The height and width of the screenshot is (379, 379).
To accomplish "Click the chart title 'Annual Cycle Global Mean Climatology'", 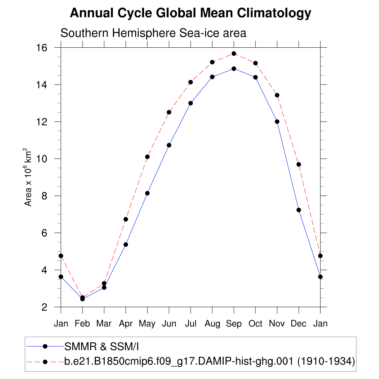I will [190, 13].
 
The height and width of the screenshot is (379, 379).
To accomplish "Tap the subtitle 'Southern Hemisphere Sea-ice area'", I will [153, 33].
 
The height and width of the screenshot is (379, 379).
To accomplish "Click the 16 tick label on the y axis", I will [41, 48].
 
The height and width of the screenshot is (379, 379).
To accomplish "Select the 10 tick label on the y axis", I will [41, 159].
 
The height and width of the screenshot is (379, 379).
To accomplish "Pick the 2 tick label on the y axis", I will [44, 307].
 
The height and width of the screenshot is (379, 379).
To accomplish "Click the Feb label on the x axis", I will [82, 324].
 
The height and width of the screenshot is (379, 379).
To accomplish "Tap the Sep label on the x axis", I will [234, 324].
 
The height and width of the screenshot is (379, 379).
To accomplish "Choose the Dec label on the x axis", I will [299, 324].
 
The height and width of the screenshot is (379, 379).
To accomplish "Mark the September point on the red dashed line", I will [234, 54].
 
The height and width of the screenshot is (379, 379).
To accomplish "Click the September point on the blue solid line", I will [234, 68].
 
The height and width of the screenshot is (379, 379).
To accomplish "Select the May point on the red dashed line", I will [147, 157].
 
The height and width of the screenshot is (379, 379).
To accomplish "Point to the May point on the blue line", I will [147, 193].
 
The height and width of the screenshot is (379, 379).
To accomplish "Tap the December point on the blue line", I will [299, 210].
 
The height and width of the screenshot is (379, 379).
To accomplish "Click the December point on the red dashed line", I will [299, 164].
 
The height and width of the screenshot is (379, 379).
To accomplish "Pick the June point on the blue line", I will [169, 145].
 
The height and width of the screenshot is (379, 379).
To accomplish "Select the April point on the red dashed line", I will [126, 219].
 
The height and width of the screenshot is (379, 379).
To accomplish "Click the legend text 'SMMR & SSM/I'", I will [101, 347].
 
